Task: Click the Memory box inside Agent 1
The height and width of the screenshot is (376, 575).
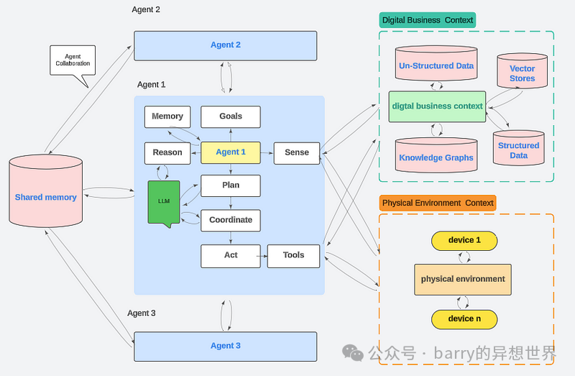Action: [x=167, y=116]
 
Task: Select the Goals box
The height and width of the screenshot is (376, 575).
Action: [x=230, y=116]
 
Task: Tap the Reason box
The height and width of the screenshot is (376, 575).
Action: [x=167, y=152]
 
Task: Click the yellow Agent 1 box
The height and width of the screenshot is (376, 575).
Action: [x=230, y=152]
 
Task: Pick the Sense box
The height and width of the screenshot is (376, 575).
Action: [x=296, y=152]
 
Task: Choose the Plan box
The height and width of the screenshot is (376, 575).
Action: [x=230, y=185]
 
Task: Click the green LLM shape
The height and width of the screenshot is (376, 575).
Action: [x=163, y=202]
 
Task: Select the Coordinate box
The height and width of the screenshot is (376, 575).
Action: [x=230, y=220]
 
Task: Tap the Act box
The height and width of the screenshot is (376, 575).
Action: [x=230, y=255]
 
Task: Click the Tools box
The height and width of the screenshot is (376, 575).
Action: [x=293, y=255]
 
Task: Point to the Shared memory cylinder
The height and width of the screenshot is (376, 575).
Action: [x=45, y=197]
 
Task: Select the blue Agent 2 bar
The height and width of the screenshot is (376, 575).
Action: [x=225, y=45]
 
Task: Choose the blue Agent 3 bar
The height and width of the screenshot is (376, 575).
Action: [x=225, y=346]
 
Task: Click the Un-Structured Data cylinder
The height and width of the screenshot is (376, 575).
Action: [x=436, y=66]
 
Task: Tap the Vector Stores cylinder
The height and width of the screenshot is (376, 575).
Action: [x=522, y=74]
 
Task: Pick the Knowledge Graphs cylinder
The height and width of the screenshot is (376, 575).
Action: [x=436, y=156]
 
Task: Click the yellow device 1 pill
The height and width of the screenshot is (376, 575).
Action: [x=464, y=240]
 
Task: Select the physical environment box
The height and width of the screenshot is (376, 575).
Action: [x=463, y=279]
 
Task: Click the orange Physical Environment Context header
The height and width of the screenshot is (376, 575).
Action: [x=437, y=203]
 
